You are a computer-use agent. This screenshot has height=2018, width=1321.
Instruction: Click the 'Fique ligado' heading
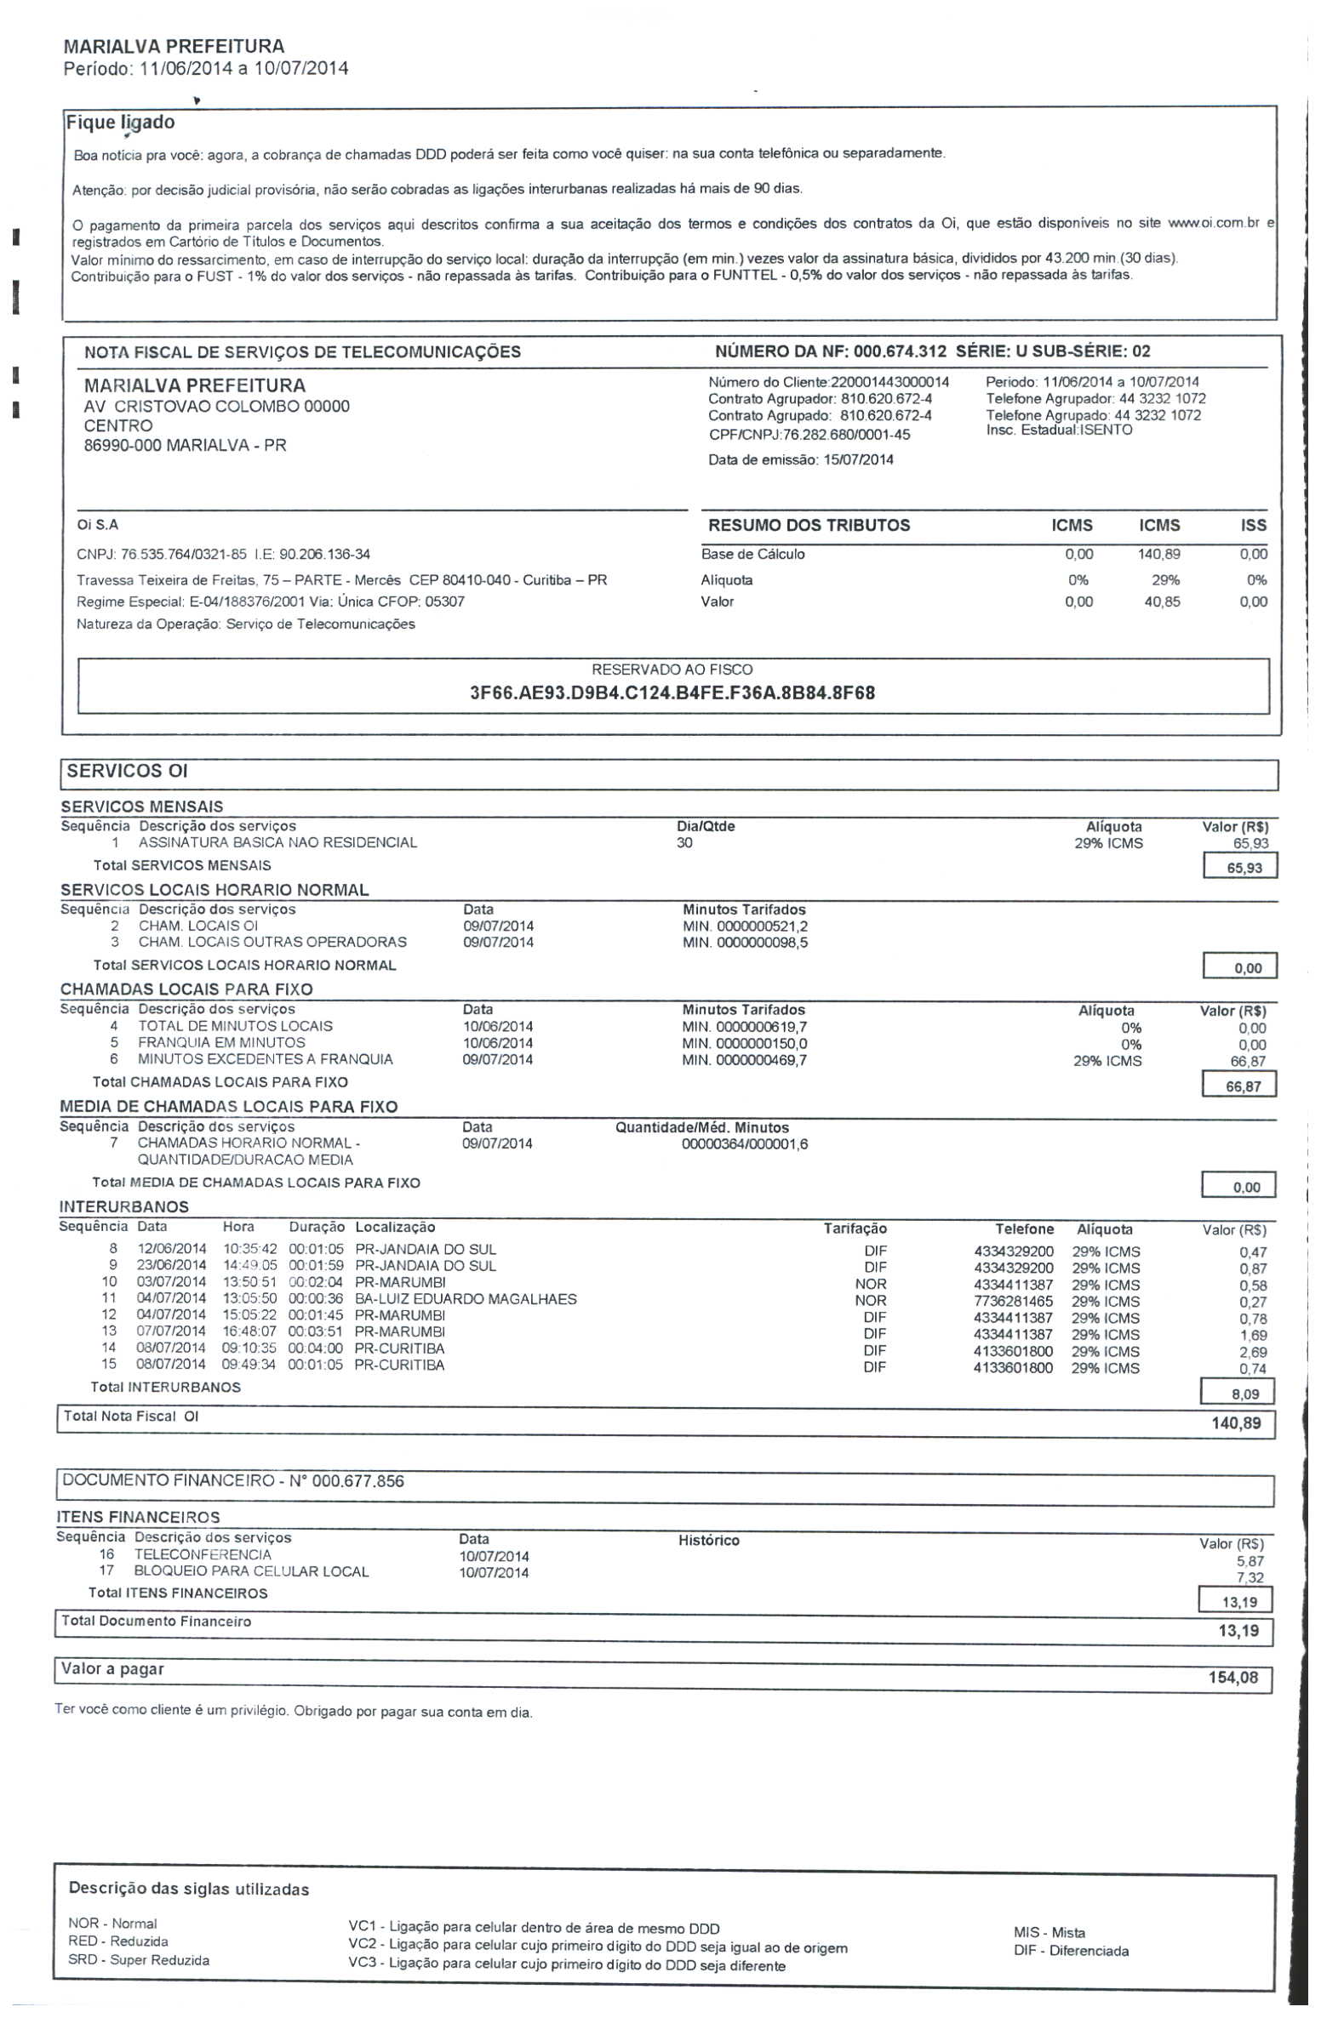pyautogui.click(x=120, y=123)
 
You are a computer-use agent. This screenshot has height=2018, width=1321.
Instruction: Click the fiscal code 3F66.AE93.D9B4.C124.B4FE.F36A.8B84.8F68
pyautogui.click(x=672, y=693)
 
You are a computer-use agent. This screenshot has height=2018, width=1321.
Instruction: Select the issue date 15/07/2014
pyautogui.click(x=858, y=460)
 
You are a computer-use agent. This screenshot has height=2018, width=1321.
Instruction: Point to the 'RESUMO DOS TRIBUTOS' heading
pyautogui.click(x=809, y=526)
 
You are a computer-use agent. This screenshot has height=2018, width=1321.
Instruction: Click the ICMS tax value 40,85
pyautogui.click(x=1162, y=602)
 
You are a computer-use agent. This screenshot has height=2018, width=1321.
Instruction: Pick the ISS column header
pyautogui.click(x=1253, y=526)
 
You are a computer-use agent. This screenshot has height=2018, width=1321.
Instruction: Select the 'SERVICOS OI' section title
pyautogui.click(x=128, y=772)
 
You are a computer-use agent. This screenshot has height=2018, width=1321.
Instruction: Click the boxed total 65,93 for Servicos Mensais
pyautogui.click(x=1243, y=869)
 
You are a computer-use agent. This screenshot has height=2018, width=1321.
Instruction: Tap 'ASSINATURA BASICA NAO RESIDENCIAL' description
pyautogui.click(x=277, y=843)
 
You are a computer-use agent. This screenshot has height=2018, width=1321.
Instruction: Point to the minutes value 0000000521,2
pyautogui.click(x=762, y=926)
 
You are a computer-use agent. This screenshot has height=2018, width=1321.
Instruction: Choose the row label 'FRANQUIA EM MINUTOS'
pyautogui.click(x=221, y=1043)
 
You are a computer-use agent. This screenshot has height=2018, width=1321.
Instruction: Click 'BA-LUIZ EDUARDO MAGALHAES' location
pyautogui.click(x=466, y=1299)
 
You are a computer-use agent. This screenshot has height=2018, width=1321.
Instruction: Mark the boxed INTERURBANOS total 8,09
pyautogui.click(x=1244, y=1394)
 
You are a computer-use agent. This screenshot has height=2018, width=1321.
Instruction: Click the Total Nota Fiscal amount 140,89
pyautogui.click(x=1236, y=1423)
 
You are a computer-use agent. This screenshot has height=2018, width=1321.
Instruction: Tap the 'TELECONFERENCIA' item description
pyautogui.click(x=203, y=1554)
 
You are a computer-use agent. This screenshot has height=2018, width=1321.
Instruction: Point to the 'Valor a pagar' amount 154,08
pyautogui.click(x=1232, y=1678)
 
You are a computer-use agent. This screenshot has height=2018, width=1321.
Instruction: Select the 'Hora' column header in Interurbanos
pyautogui.click(x=238, y=1227)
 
